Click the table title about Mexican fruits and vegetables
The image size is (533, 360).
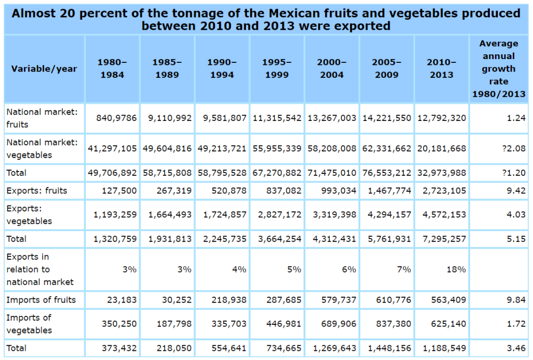(x=266, y=19)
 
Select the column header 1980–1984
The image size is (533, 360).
(x=112, y=69)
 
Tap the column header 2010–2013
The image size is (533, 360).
(x=441, y=69)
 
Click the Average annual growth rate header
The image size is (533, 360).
(x=498, y=69)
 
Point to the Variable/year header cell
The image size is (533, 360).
(x=44, y=69)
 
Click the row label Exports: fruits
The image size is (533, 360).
(x=37, y=191)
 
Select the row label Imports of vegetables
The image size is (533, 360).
(x=29, y=324)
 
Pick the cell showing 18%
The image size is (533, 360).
(x=456, y=269)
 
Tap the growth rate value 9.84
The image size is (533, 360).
(x=516, y=300)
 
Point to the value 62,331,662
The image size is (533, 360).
(x=386, y=149)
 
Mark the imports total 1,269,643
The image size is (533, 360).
(x=334, y=348)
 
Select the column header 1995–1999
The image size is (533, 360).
(x=277, y=69)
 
